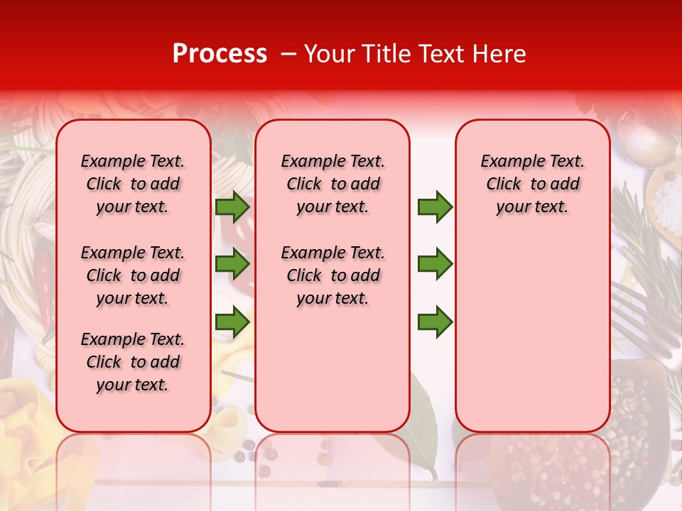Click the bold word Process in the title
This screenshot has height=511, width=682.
[220, 54]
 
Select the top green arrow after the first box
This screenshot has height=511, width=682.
[232, 207]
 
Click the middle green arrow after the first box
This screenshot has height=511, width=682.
[232, 264]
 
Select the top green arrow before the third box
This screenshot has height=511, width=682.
[435, 207]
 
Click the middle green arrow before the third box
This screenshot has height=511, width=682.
[435, 264]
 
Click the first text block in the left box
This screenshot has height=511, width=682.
[133, 184]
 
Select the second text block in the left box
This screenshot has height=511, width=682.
[133, 275]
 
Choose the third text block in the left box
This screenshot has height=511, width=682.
[133, 362]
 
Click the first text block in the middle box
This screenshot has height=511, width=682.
[332, 184]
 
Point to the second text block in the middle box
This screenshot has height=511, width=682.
[332, 275]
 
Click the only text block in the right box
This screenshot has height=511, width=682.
[532, 184]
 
